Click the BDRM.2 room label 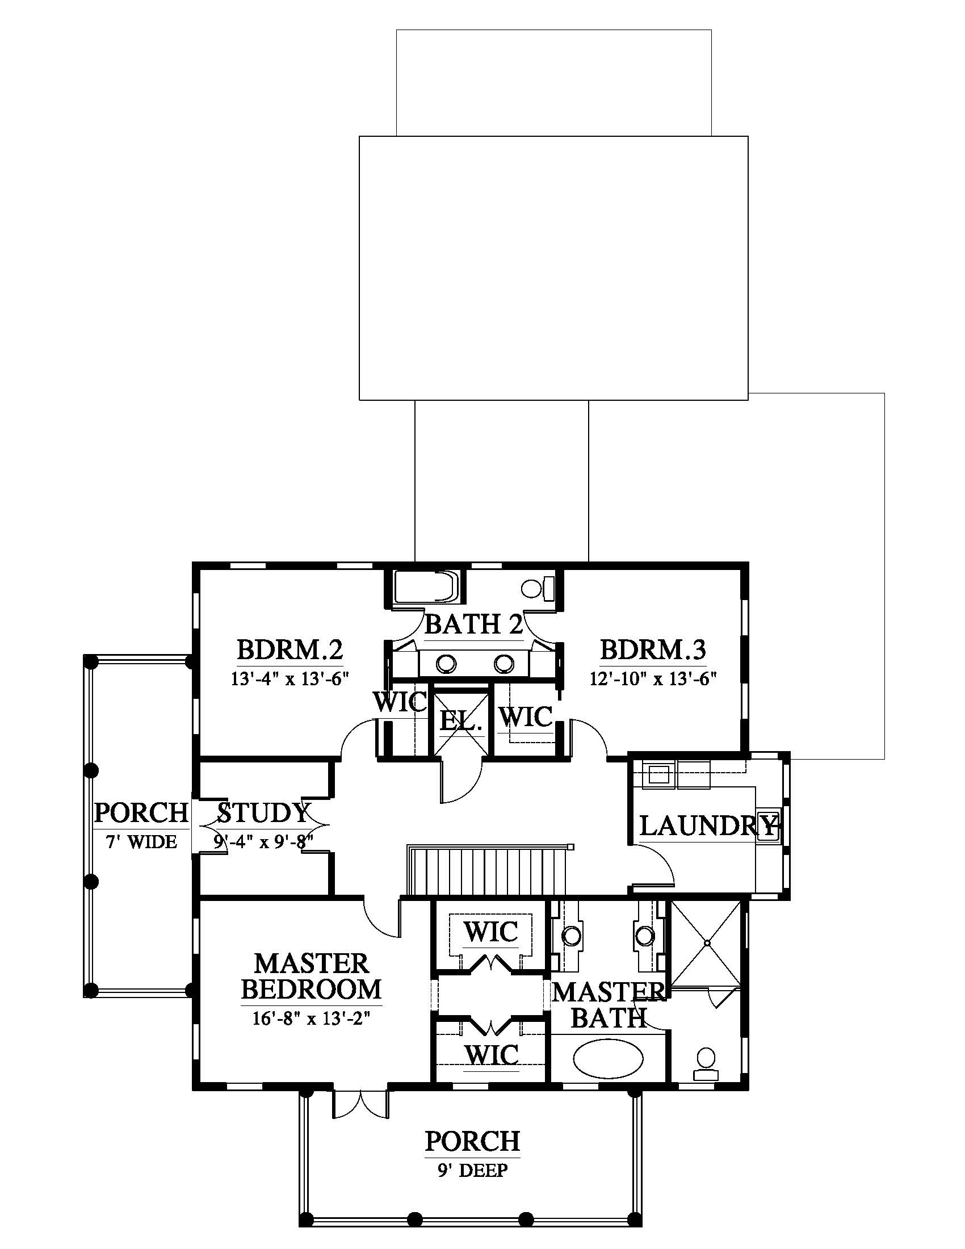coord(290,649)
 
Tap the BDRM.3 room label coord(653,649)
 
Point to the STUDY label coord(263,812)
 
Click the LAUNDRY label coord(708,825)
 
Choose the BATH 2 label coord(474,624)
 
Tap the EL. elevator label coord(461,721)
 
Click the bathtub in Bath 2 coord(426,587)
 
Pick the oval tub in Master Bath coord(607,1061)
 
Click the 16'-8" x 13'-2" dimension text coord(312,1019)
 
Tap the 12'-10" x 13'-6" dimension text coord(653,678)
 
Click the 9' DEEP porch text coord(473,1170)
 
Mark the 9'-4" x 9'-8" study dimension coord(263,841)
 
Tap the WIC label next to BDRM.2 coord(400,702)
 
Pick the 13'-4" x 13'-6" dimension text coord(290,678)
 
